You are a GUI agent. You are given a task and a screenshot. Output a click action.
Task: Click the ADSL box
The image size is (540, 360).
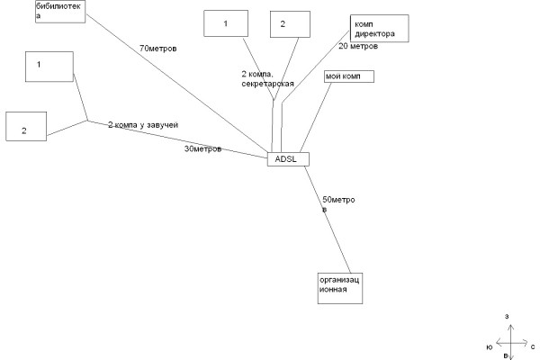tap(288, 158)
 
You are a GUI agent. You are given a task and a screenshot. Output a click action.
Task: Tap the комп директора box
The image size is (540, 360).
tap(379, 29)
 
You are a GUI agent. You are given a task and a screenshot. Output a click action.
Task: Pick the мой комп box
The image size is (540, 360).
tap(348, 76)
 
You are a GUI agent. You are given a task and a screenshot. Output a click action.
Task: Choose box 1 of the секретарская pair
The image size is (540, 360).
tap(226, 23)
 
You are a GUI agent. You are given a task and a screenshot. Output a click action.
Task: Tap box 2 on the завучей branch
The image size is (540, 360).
tap(25, 126)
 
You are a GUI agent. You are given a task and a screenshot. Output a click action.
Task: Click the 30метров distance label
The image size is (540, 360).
tap(202, 149)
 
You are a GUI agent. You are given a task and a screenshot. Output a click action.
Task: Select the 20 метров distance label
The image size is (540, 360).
tap(357, 46)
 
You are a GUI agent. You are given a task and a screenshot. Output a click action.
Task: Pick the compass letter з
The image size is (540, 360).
tap(508, 317)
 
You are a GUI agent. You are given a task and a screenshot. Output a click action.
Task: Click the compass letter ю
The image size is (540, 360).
tap(489, 346)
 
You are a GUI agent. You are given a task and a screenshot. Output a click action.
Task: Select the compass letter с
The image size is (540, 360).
tap(533, 346)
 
